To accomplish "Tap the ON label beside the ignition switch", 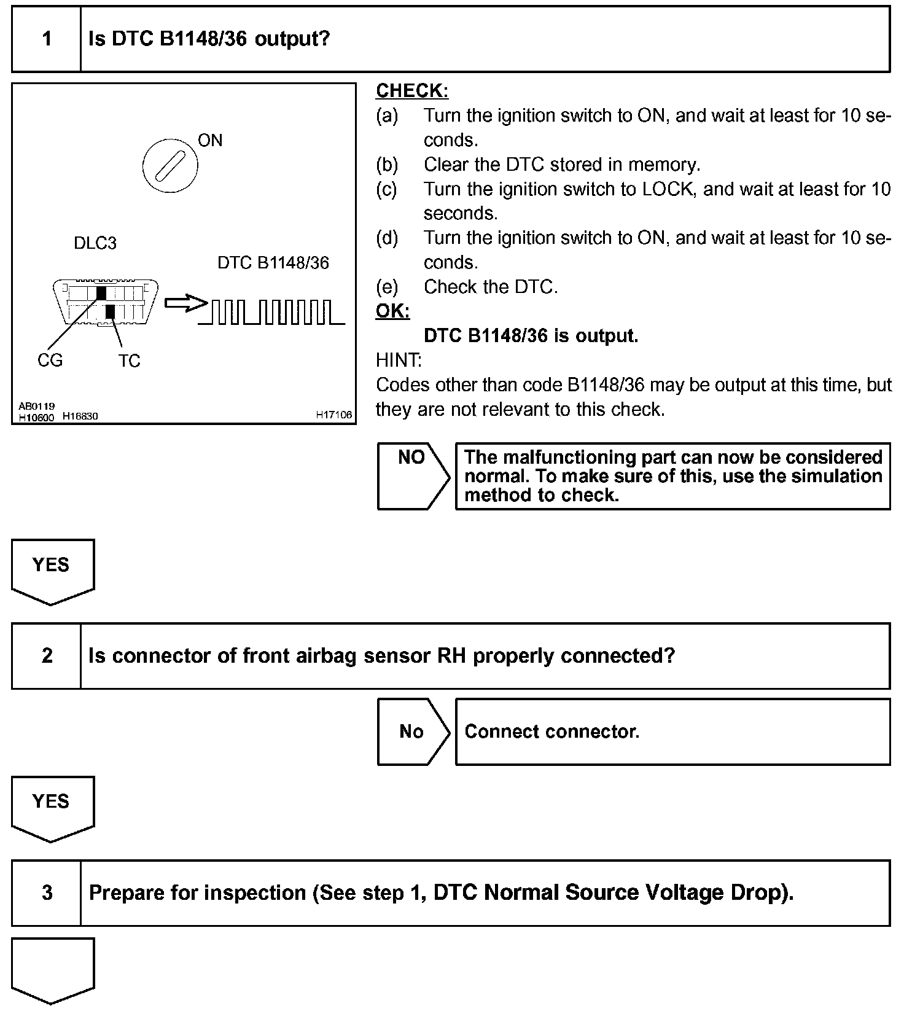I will pos(210,141).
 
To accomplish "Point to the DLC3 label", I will pos(95,243).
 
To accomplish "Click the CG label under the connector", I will pos(50,360).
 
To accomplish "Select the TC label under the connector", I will pos(130,361).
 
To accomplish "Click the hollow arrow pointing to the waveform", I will pos(185,303).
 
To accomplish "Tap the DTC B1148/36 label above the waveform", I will pos(273,263).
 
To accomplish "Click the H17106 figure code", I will pos(334,415).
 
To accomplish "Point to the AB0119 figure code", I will pos(36,406).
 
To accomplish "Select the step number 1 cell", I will pos(47,39).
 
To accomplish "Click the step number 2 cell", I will pos(47,656).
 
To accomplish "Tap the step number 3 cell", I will pos(47,892).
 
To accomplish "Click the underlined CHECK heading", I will pos(411,91).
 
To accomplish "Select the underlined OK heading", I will pos(392,311).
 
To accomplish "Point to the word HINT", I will pos(398,360).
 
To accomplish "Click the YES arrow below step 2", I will pos(52,806).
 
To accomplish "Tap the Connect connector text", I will pos(551,732).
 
